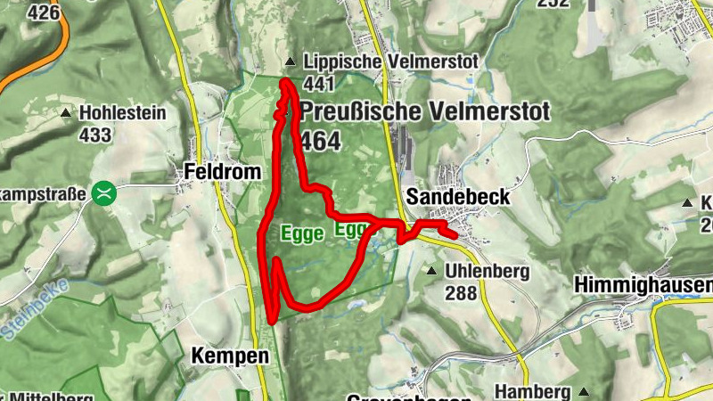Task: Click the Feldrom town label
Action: click(223, 171)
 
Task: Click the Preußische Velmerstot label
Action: click(426, 112)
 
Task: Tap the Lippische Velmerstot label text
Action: click(390, 61)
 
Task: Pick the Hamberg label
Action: click(532, 392)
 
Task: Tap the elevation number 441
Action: click(318, 84)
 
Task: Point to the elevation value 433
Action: click(94, 135)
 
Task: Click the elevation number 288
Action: click(462, 292)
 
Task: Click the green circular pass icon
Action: click(105, 192)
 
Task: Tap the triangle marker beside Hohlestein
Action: click(66, 113)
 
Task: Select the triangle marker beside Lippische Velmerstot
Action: click(290, 62)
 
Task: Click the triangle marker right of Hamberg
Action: click(584, 391)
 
